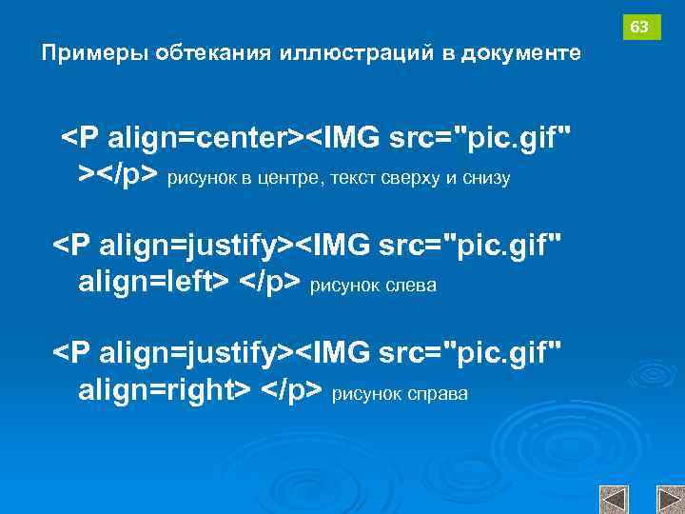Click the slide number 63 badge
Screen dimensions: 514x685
[x=641, y=28]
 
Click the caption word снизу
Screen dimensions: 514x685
[x=485, y=178]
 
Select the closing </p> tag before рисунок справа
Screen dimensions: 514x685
[x=292, y=388]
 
